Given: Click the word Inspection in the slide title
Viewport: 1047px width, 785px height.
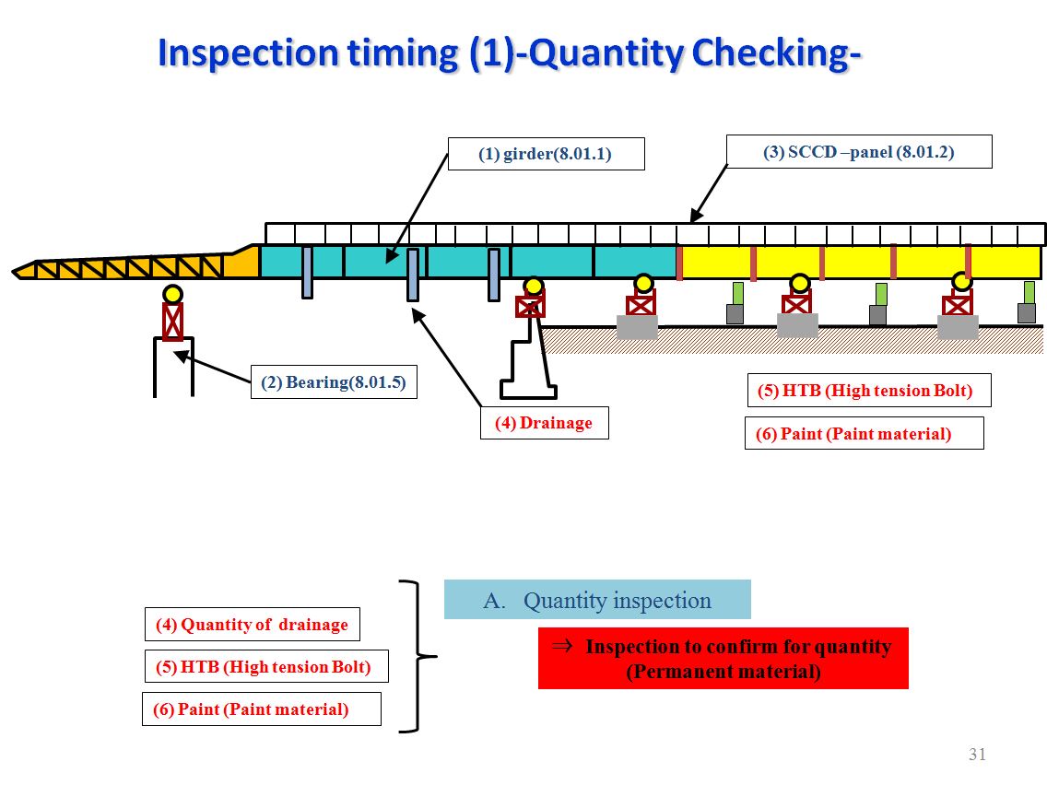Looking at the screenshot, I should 246,53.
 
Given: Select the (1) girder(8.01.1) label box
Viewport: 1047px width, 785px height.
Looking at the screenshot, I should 546,154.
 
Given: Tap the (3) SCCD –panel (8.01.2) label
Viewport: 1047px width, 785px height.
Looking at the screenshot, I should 858,152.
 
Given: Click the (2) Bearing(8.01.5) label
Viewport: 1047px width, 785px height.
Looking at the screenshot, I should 333,382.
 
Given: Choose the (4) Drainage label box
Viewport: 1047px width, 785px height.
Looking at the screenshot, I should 544,423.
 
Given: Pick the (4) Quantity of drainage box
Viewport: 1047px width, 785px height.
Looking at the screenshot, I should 252,625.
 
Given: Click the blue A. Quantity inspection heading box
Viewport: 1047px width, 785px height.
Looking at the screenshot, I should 597,600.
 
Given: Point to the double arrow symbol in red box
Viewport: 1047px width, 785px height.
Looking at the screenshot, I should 561,646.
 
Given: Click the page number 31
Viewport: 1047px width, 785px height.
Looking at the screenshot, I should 977,755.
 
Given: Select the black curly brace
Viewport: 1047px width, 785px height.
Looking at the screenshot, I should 419,656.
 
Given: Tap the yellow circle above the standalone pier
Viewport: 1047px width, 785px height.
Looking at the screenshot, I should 172,295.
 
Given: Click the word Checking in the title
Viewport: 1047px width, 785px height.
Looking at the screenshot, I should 776,53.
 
